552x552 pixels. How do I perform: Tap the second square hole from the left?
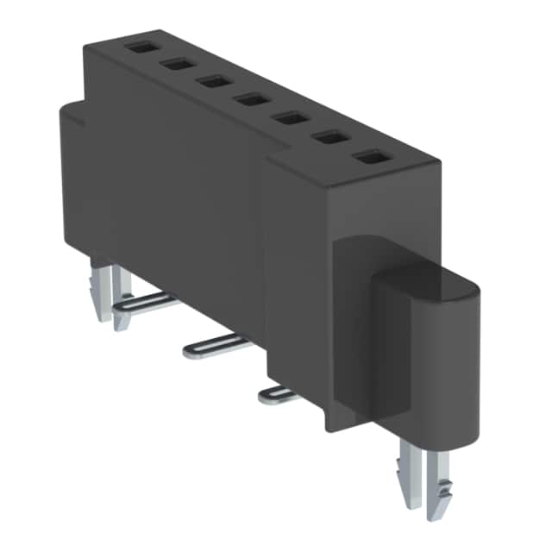coord(178,64)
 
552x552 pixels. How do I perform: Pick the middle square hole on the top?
coord(252,99)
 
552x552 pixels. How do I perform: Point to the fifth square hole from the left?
coord(292,117)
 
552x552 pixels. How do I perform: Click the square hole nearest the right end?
coord(371,157)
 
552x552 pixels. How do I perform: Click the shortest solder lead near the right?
coord(278,395)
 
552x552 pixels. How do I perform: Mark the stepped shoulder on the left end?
coord(73,112)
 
